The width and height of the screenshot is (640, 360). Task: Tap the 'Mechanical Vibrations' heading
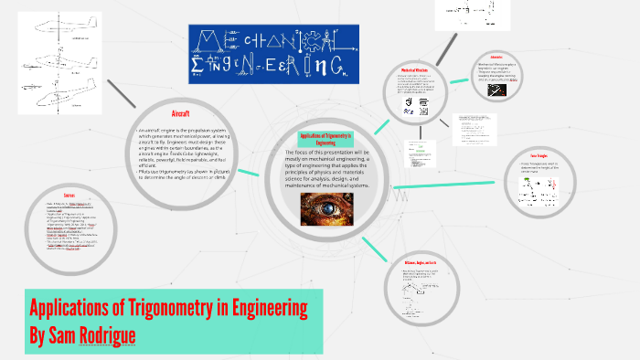(x=415, y=71)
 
